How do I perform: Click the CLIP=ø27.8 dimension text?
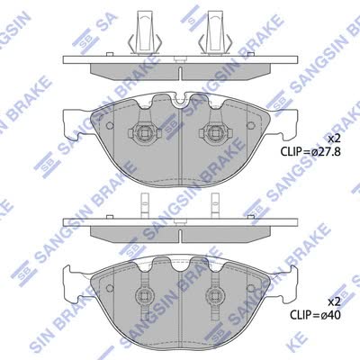[310, 151]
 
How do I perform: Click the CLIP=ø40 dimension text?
[315, 315]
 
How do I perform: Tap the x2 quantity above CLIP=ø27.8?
[333, 139]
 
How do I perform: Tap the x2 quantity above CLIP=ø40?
[334, 301]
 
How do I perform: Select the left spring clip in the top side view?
[145, 33]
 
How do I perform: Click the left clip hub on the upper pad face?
[144, 132]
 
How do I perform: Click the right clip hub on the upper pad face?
[215, 132]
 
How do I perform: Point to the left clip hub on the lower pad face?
[144, 295]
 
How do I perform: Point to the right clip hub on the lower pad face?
[215, 295]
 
